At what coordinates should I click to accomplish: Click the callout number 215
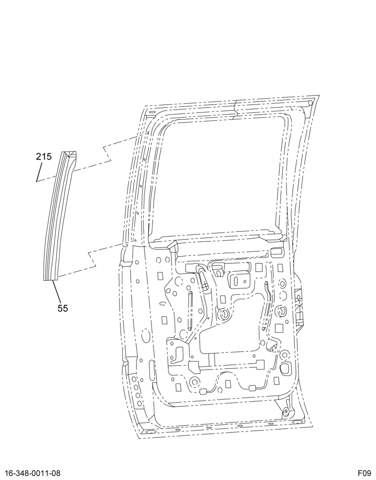(x=44, y=157)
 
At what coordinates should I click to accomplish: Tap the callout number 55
(x=62, y=308)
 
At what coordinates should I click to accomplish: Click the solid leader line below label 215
(x=39, y=172)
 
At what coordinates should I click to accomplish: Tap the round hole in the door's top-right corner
(x=310, y=103)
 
